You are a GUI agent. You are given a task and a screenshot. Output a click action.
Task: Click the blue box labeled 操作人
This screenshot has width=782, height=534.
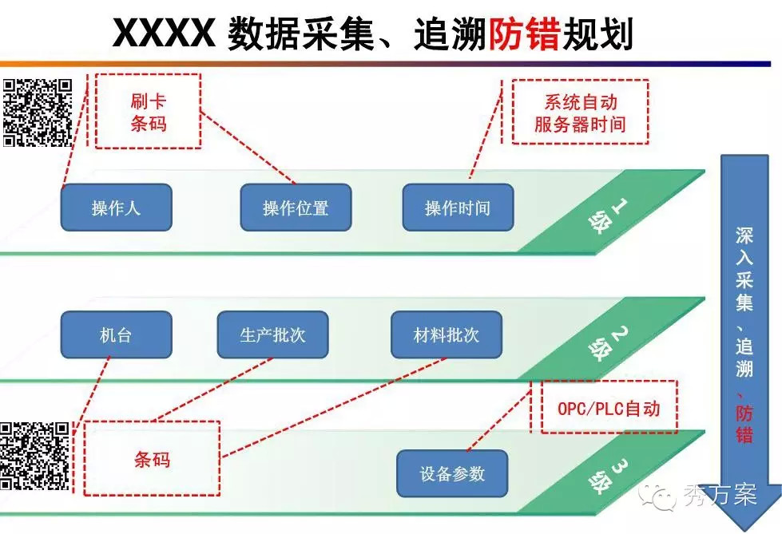(x=116, y=208)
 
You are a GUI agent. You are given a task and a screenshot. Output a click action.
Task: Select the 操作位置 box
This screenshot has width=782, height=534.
(x=296, y=208)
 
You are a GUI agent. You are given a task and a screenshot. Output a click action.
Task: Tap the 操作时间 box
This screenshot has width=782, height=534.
(x=458, y=208)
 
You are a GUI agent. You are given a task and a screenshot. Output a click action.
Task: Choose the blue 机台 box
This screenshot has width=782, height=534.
(x=116, y=334)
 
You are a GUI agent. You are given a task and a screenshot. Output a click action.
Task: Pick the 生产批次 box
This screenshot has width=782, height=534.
(x=272, y=334)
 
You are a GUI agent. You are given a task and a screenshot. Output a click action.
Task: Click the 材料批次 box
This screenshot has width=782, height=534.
(x=447, y=334)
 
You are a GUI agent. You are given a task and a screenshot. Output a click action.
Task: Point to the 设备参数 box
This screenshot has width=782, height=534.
(x=452, y=473)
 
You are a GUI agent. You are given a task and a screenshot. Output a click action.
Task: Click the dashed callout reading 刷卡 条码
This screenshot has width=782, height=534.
(x=148, y=111)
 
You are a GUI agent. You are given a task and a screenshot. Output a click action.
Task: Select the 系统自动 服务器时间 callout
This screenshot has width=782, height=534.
(x=580, y=111)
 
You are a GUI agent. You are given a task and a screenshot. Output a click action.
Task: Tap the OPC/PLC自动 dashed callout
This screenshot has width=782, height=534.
(x=609, y=407)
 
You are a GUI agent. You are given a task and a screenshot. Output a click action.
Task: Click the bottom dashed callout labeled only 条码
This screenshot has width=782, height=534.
(x=152, y=459)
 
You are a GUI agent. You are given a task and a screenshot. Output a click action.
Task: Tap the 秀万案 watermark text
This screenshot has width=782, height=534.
(x=720, y=496)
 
